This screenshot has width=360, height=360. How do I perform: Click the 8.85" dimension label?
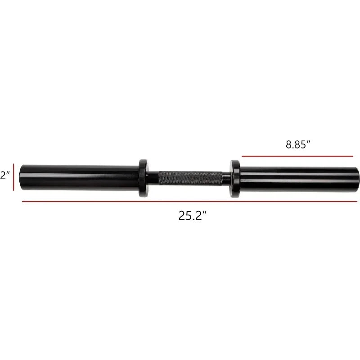point(298,144)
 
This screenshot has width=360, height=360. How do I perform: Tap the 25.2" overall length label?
point(193,216)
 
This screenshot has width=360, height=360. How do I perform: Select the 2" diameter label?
point(4,175)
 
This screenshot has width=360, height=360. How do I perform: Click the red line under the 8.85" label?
point(297,156)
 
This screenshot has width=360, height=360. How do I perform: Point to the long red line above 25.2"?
point(189,202)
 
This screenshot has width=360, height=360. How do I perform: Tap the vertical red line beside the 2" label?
point(13,177)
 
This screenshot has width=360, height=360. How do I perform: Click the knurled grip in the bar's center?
point(190,178)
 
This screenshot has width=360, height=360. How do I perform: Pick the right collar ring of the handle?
point(235,179)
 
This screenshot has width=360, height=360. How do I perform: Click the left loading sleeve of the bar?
point(79,177)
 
